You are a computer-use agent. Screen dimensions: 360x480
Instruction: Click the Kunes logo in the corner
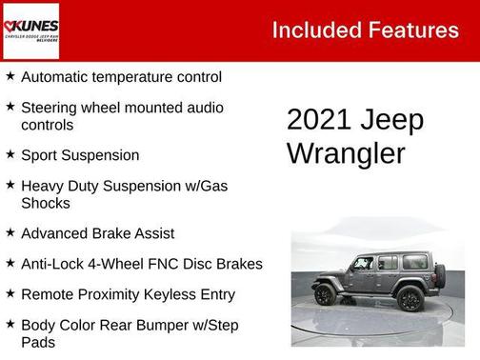point(30,30)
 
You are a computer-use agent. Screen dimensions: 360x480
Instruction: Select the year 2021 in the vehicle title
point(320,120)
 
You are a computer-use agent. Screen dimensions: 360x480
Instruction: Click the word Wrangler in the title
point(346,152)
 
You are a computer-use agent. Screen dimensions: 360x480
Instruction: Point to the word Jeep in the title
point(391,121)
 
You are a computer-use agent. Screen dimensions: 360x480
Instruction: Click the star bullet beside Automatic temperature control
point(10,76)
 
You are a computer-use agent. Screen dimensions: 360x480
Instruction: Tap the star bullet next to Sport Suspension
point(10,153)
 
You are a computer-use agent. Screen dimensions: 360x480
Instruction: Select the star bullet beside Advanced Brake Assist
point(10,231)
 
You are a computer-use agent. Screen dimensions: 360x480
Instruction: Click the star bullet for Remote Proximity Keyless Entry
point(10,293)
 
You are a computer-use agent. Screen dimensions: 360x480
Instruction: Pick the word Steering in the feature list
point(52,108)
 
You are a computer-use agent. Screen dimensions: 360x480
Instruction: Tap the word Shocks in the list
point(45,203)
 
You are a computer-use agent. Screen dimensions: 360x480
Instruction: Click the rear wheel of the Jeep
point(410,298)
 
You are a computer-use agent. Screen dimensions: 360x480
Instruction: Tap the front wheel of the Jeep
point(325,294)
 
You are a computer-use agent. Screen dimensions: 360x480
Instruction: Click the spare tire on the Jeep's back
point(439,275)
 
